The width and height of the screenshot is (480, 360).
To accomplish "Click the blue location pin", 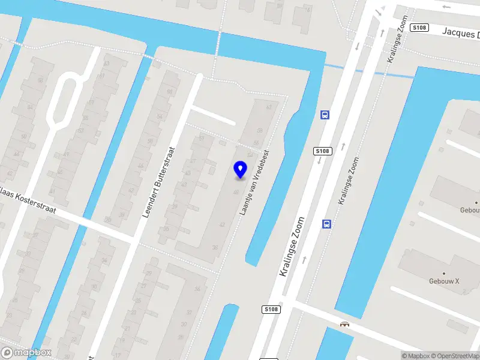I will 241,169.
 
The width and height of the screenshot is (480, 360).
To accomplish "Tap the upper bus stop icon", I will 325,115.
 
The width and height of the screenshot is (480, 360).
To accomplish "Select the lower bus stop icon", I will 326,224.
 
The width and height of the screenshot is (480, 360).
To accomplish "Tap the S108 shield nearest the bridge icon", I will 271,309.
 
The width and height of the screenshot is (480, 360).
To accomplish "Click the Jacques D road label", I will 461,32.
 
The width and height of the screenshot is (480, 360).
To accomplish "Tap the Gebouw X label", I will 444,281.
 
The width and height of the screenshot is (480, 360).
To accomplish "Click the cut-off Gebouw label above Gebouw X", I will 469,210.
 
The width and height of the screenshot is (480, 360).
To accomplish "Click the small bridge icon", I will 345,325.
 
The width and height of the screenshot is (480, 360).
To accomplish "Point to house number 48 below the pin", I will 236,192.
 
